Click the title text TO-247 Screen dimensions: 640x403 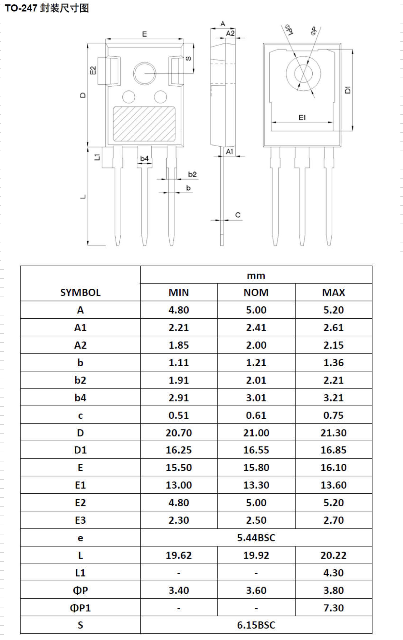click(x=21, y=8)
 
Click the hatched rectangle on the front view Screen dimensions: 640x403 click(x=144, y=124)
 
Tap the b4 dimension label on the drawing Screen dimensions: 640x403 click(x=144, y=159)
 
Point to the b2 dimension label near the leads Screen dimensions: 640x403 click(x=192, y=174)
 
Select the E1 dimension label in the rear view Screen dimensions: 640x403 click(x=302, y=117)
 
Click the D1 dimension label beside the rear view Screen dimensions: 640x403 click(x=348, y=90)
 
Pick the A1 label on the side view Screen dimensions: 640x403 click(x=230, y=151)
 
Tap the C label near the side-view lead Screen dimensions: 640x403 click(x=238, y=215)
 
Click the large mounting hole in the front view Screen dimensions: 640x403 click(x=144, y=73)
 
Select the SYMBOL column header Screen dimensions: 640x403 click(x=80, y=292)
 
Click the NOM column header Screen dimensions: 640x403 click(x=256, y=292)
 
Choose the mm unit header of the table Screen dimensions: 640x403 click(x=256, y=276)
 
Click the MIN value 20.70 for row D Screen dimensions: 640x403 click(x=179, y=433)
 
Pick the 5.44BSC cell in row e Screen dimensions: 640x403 click(x=256, y=538)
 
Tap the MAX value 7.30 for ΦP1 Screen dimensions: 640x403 click(x=333, y=608)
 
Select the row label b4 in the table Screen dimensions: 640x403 click(x=80, y=398)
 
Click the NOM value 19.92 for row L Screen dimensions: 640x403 click(x=256, y=555)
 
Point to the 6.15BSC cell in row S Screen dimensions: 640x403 click(x=256, y=625)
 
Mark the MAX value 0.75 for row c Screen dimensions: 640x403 click(x=333, y=415)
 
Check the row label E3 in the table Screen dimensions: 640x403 click(x=80, y=520)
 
